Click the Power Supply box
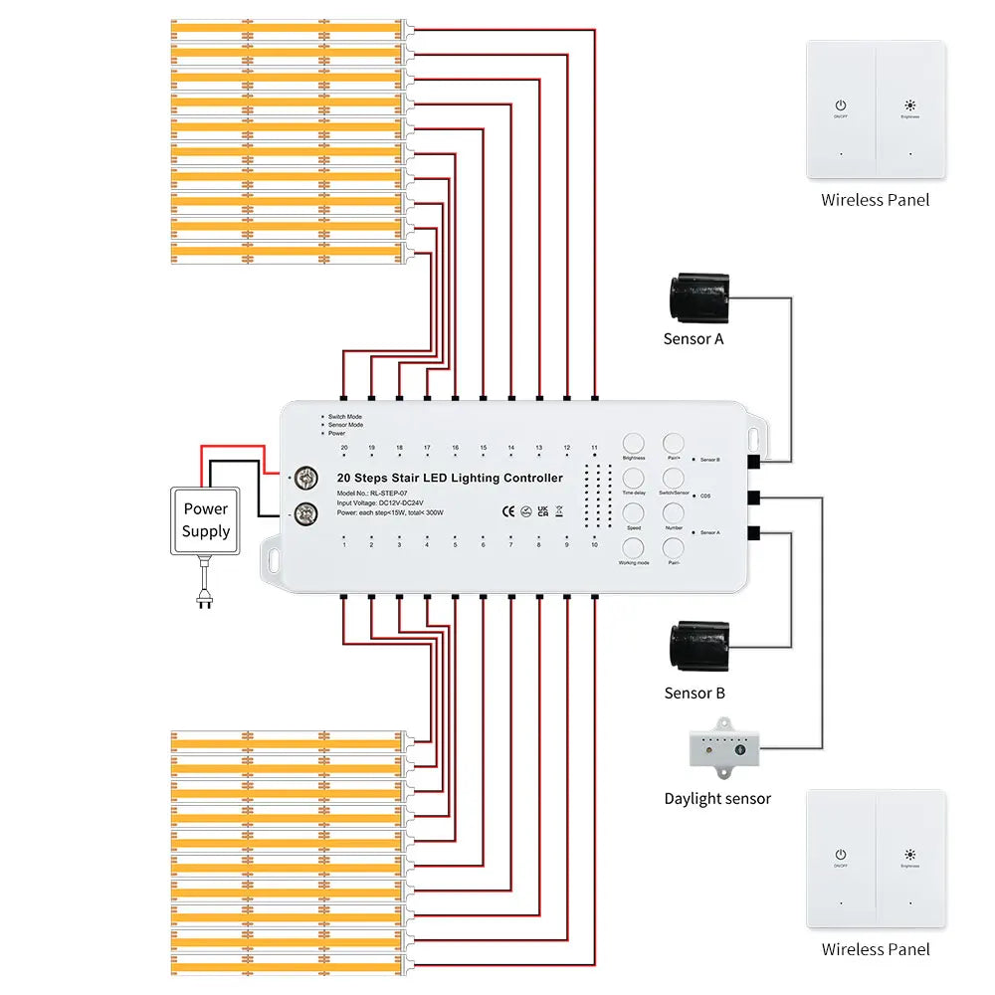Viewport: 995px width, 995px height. pos(206,520)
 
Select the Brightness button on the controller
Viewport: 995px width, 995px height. pos(634,443)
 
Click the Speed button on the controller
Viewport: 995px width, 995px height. pos(634,512)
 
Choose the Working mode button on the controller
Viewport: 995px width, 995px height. pos(634,547)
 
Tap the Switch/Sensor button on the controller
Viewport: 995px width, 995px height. pos(674,478)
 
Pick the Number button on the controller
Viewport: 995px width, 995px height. pos(674,512)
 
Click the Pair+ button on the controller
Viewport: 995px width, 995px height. pos(674,443)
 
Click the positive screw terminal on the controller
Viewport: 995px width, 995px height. pos(305,480)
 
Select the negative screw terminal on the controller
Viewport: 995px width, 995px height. pos(305,514)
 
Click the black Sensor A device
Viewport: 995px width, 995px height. pos(702,297)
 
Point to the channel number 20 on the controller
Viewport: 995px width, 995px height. pos(343,449)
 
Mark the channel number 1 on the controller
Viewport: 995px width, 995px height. pos(343,545)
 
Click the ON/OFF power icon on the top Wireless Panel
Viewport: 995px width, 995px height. pos(841,104)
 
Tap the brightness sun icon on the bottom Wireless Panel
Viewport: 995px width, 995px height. pos(909,854)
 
